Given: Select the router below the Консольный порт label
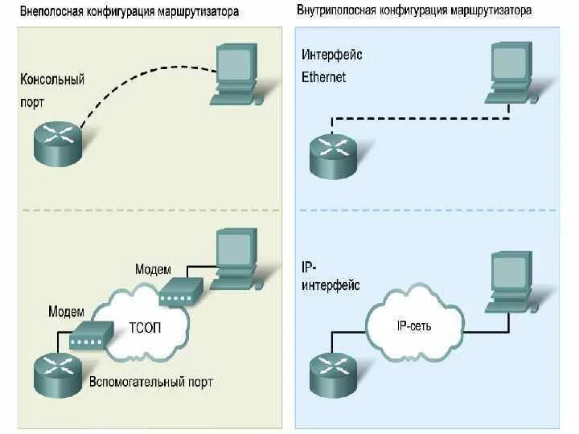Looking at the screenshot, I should point(58,145).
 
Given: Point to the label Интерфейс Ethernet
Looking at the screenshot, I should point(331,66).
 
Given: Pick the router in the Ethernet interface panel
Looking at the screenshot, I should point(333,155).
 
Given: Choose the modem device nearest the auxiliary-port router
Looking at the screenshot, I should point(91,334).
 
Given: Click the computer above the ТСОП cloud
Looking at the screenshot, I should point(236,259).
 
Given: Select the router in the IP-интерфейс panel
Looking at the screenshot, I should point(333,372).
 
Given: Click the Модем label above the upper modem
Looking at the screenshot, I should point(153,269).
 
